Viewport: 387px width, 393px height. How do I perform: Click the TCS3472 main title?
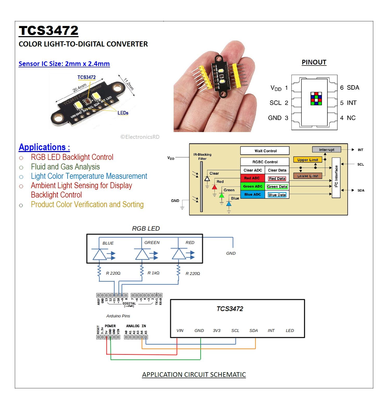coord(48,31)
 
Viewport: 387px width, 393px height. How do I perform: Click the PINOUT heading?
coord(314,62)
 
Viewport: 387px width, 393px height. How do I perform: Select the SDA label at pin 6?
coord(353,88)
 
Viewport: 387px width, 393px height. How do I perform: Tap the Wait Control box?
coord(265,151)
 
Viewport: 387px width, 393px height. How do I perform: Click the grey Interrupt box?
coord(326,150)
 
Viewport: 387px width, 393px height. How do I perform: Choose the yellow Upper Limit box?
coord(307,160)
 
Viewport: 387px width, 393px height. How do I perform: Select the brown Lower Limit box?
coord(307,176)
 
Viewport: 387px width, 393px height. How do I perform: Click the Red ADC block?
coord(252,178)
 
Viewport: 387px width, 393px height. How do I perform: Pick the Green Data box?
coord(277,187)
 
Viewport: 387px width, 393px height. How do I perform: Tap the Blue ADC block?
coord(252,194)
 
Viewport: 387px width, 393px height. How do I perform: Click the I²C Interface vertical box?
coord(336,177)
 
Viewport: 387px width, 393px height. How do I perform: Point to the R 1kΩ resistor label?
coord(153,273)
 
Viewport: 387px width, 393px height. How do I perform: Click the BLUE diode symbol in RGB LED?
coord(99,254)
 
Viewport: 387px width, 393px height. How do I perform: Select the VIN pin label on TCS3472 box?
coord(180,331)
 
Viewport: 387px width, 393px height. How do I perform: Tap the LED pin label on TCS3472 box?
coord(290,331)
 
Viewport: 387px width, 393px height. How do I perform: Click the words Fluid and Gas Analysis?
coord(65,167)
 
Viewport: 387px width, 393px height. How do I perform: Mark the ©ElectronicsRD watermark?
coord(140,137)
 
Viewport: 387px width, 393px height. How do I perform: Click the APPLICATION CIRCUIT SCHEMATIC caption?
coord(194,375)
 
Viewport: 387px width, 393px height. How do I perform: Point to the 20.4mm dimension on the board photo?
coord(80,88)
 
